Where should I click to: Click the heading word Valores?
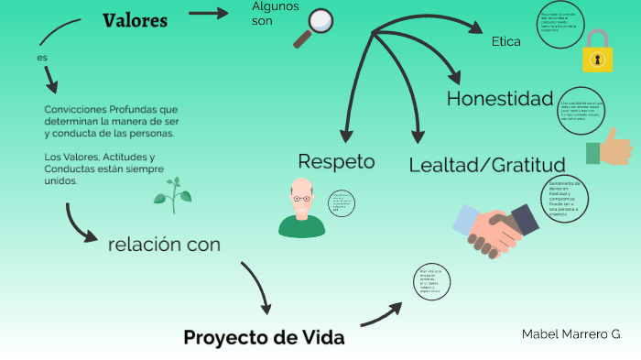click(x=135, y=21)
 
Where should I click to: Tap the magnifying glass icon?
click(x=314, y=27)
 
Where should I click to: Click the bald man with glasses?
click(x=301, y=209)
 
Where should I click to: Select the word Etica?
click(x=505, y=41)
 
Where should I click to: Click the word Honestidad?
click(x=500, y=99)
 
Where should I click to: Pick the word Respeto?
click(x=336, y=162)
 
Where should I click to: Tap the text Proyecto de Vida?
click(x=264, y=337)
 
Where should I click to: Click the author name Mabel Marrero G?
click(x=571, y=333)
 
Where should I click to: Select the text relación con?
click(x=164, y=245)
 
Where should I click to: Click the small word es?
click(x=42, y=57)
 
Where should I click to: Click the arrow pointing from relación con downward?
click(x=257, y=287)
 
